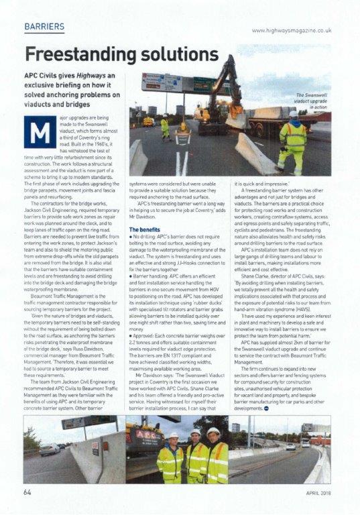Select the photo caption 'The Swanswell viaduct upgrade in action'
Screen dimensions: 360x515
(x=311, y=101)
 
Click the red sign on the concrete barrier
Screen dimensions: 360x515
(x=95, y=445)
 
